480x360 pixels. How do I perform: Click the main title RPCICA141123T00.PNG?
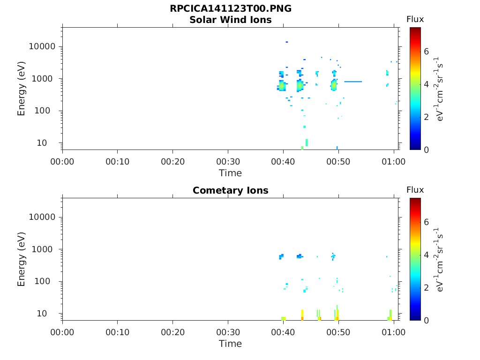[x=230, y=9]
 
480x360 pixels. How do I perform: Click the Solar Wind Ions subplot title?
[x=230, y=20]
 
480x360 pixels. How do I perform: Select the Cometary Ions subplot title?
[x=230, y=190]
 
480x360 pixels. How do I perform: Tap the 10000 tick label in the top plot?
[x=42, y=46]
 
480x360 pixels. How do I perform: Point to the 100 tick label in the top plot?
[x=48, y=111]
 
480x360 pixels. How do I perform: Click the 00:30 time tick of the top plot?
[x=228, y=162]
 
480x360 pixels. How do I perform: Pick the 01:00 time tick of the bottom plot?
[x=394, y=332]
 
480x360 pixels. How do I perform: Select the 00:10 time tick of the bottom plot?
[x=118, y=332]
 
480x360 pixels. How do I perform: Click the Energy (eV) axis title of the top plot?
[x=22, y=88]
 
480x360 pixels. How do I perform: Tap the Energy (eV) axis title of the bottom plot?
[x=22, y=259]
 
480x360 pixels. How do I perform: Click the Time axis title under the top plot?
[x=230, y=173]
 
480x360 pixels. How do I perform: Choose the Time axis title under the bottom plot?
[x=230, y=344]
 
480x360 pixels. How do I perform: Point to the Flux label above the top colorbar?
[x=415, y=19]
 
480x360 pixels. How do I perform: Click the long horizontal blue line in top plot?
[x=353, y=82]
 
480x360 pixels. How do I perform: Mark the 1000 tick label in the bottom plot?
[x=45, y=249]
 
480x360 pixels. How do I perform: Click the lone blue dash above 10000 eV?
[x=286, y=42]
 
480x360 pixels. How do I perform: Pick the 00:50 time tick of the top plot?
[x=338, y=162]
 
